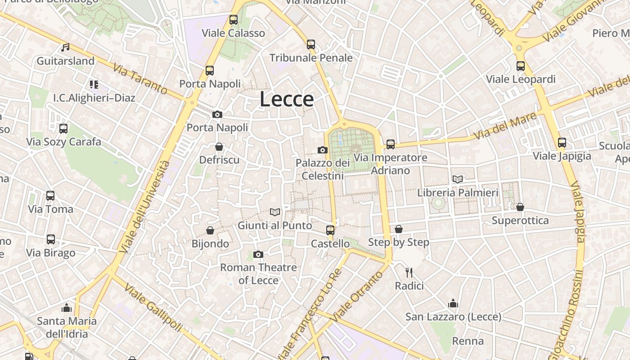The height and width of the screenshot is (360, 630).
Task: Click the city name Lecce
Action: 287,99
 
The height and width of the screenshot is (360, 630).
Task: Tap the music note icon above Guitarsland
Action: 66,47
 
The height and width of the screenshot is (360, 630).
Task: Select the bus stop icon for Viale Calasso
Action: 233,20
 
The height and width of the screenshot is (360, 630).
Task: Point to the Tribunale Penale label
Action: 311,58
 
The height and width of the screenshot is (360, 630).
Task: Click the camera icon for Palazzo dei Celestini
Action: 323,150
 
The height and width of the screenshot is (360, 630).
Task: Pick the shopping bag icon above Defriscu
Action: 219,147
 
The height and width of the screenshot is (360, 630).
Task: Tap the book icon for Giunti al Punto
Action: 274,212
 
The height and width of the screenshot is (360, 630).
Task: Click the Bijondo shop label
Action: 210,244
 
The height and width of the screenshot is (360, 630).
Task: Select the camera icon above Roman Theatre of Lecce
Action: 258,255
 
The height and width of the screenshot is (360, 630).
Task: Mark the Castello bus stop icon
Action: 330,230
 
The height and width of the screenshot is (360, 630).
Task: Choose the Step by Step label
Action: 398,242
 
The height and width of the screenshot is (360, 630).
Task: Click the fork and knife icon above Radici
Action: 409,272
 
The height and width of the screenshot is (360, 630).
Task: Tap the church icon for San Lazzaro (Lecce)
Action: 453,304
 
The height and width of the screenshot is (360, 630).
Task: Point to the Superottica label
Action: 520,220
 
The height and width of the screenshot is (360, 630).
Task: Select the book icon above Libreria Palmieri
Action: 458,179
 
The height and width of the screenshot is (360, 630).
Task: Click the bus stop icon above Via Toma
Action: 50,196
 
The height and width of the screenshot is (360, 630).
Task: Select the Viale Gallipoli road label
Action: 153,308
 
